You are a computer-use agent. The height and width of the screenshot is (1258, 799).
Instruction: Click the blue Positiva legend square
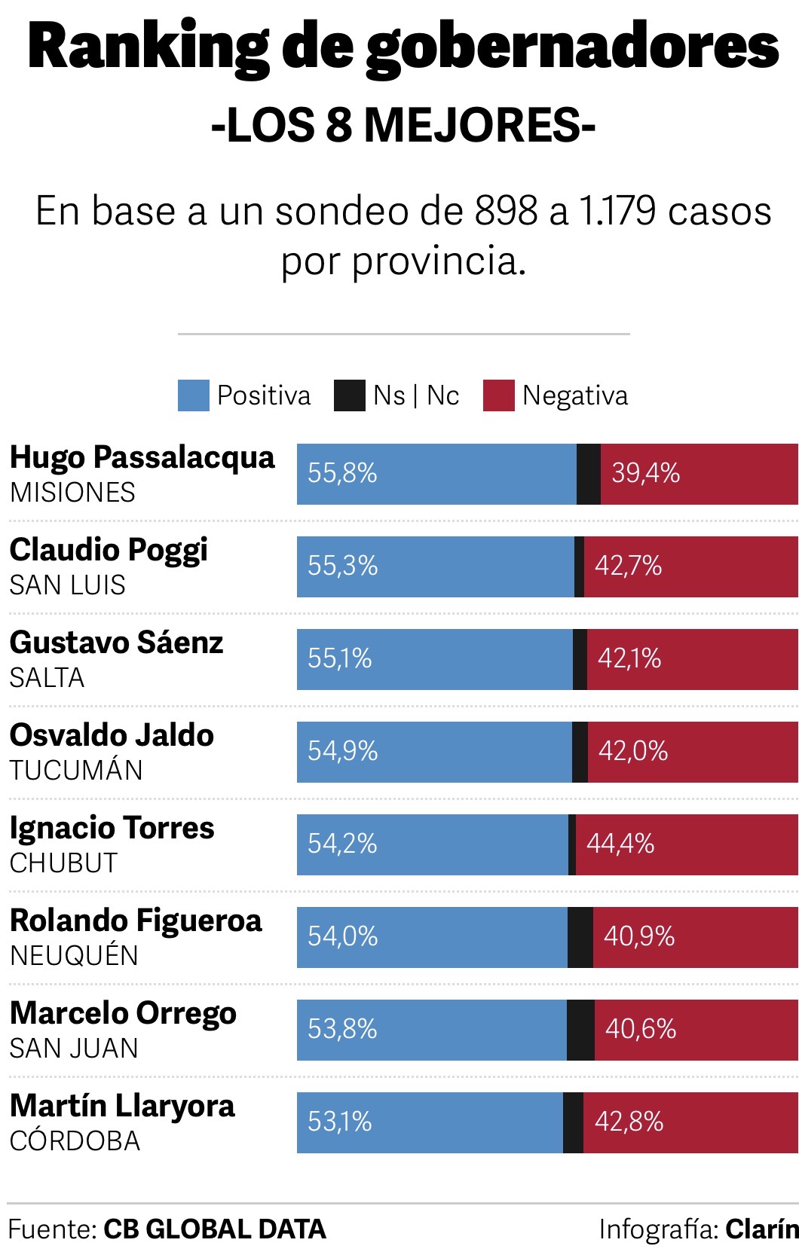tap(193, 395)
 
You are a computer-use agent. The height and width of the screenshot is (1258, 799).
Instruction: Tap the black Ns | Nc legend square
tap(349, 395)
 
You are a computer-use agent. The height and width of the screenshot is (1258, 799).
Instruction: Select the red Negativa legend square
tap(498, 395)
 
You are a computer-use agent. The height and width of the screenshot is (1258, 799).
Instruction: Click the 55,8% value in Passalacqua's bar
tap(342, 473)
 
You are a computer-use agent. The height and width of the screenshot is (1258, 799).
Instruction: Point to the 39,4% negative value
tap(645, 473)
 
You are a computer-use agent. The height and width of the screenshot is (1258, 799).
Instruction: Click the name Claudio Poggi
tap(109, 551)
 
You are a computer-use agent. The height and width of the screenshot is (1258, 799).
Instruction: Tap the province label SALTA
tap(47, 678)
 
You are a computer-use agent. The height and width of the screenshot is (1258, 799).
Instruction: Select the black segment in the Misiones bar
tap(589, 474)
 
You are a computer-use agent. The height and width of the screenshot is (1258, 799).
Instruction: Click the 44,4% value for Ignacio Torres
tap(620, 844)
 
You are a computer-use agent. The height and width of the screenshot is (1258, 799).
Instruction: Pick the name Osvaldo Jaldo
tap(112, 736)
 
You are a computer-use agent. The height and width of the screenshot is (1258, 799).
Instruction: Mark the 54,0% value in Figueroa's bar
tap(342, 936)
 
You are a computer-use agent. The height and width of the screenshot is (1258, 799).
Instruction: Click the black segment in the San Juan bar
tap(580, 1029)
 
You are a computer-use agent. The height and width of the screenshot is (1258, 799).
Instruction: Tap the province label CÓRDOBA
tap(75, 1141)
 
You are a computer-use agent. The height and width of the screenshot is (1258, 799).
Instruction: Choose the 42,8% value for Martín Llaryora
tap(629, 1122)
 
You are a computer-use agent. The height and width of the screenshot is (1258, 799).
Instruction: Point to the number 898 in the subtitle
tap(506, 211)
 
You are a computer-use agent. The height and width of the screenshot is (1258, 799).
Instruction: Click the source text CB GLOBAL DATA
tap(215, 1229)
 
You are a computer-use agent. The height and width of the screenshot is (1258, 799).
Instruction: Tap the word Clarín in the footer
tap(761, 1229)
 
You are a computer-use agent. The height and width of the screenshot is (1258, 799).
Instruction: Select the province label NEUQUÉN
tap(74, 956)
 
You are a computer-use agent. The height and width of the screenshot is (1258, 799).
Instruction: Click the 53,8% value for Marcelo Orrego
tap(342, 1029)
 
